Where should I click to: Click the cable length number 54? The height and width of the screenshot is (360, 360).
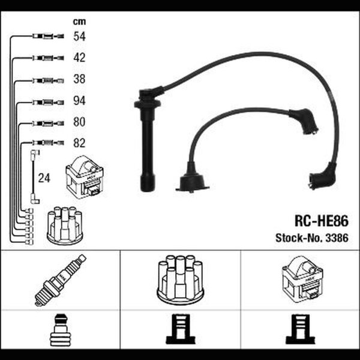click(x=79, y=36)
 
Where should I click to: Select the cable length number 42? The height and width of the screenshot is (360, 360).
click(x=79, y=58)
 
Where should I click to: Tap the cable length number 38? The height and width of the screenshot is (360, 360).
click(x=79, y=79)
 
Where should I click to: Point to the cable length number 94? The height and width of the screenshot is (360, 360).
click(x=79, y=101)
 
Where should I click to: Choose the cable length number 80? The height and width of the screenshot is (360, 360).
click(x=79, y=122)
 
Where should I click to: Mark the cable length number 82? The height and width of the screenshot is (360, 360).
click(x=79, y=143)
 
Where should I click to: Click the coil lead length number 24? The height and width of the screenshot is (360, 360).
click(x=44, y=178)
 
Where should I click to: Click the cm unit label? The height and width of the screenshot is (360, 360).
click(x=79, y=22)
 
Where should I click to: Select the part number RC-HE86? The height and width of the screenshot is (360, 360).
click(x=322, y=221)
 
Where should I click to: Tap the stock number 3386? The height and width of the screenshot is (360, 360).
click(x=337, y=238)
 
